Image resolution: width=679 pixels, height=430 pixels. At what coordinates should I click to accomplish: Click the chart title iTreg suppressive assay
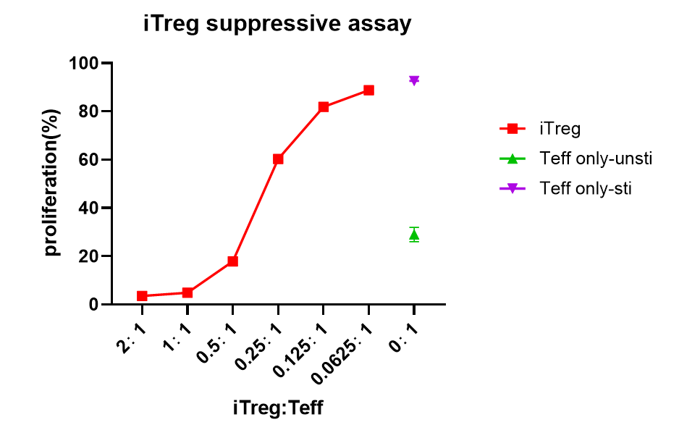click(277, 24)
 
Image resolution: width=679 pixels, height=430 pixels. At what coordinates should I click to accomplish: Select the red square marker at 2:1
click(142, 296)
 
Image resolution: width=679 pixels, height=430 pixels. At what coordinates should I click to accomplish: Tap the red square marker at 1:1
click(187, 292)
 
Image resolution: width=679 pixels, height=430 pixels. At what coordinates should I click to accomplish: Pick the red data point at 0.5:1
click(232, 261)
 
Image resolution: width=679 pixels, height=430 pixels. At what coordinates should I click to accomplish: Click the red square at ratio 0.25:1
click(278, 159)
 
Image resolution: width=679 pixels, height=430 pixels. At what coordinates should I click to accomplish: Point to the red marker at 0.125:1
click(324, 107)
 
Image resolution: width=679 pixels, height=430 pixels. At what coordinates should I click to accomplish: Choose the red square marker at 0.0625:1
click(368, 90)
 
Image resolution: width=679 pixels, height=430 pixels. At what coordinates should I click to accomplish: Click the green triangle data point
click(414, 235)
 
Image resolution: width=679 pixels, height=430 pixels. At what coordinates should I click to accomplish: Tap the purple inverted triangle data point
click(414, 80)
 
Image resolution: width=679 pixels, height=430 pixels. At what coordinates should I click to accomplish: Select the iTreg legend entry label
click(560, 129)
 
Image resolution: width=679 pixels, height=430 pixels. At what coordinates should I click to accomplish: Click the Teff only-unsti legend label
click(596, 159)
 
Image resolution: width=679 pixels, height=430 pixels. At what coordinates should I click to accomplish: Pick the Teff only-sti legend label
click(586, 188)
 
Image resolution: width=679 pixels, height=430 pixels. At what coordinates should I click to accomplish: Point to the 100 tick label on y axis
click(83, 63)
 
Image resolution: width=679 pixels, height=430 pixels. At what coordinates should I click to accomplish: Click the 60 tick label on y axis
click(88, 160)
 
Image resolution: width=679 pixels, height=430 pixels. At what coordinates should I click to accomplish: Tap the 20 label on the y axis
click(88, 256)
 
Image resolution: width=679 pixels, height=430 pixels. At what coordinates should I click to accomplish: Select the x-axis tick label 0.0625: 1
click(342, 354)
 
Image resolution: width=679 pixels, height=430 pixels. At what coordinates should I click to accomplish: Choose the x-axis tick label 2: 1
click(132, 339)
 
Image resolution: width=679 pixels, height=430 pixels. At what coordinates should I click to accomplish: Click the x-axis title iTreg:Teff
click(277, 408)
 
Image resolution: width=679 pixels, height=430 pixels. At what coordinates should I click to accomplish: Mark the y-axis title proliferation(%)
click(52, 182)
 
